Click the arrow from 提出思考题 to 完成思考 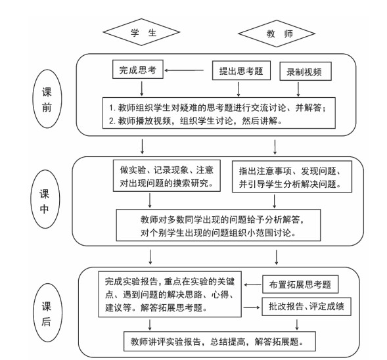[184, 70]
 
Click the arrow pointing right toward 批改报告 [252, 307]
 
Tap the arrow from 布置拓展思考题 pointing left [252, 284]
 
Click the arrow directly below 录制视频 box [298, 89]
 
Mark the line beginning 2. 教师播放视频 [196, 121]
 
